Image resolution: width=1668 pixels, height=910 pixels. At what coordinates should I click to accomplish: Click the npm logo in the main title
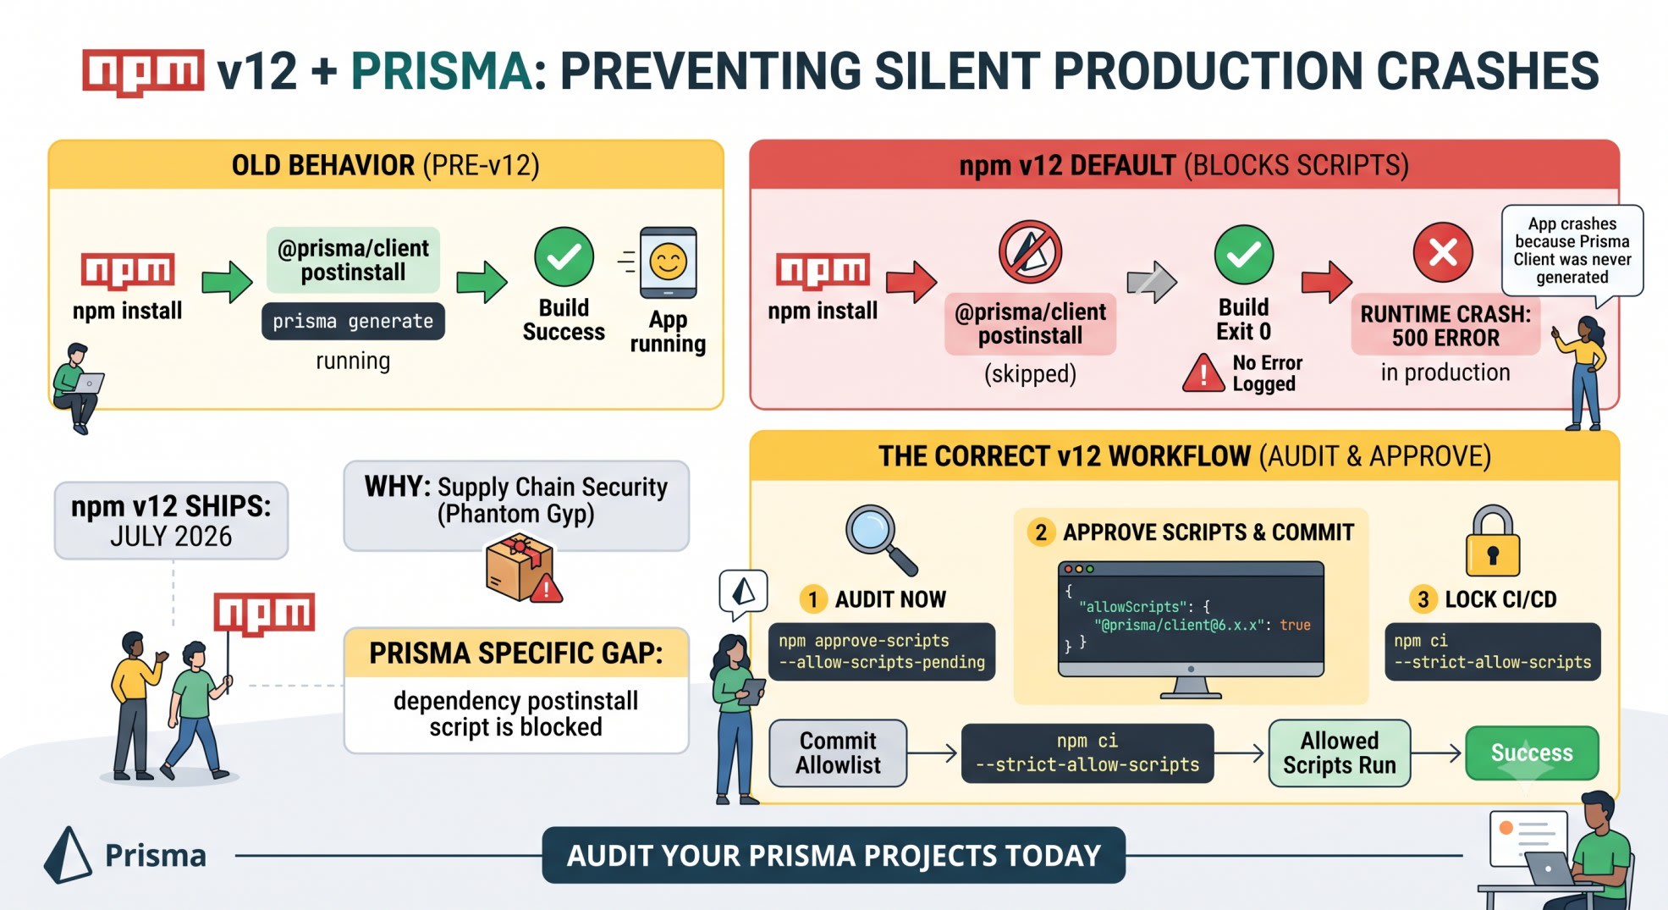click(x=143, y=72)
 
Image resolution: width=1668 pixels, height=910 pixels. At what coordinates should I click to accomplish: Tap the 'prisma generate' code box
click(x=353, y=322)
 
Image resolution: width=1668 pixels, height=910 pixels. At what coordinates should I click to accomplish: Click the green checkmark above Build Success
click(x=564, y=256)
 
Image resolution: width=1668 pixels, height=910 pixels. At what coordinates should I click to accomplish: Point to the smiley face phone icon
click(x=668, y=262)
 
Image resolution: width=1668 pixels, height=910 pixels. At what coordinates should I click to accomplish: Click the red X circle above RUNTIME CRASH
click(x=1443, y=252)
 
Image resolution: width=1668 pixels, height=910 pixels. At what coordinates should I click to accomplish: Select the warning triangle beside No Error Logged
click(x=1203, y=373)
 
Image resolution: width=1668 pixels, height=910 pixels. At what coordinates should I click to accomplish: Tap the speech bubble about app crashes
click(x=1572, y=251)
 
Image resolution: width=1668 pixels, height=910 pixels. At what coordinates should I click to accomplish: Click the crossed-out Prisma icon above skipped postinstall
click(x=1030, y=252)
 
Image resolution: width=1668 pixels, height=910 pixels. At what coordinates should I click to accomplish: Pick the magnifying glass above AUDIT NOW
click(x=880, y=539)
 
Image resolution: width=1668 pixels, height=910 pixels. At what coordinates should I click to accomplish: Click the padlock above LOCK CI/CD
click(x=1493, y=541)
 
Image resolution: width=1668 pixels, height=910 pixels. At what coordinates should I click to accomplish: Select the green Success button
click(x=1532, y=753)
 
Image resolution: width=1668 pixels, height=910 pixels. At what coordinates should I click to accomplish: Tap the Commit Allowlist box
click(x=838, y=753)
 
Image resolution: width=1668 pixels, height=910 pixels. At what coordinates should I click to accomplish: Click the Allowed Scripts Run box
click(x=1339, y=753)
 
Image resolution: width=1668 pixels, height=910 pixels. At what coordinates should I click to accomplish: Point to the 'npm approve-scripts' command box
click(x=882, y=652)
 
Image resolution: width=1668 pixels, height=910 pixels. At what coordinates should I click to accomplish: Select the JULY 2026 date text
click(x=171, y=537)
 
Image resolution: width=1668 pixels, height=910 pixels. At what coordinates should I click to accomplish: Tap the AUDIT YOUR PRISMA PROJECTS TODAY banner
click(x=834, y=856)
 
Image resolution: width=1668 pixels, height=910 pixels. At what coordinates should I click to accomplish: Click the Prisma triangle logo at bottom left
click(x=68, y=855)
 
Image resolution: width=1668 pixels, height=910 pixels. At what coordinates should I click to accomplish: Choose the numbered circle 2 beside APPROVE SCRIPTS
click(x=1041, y=532)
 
